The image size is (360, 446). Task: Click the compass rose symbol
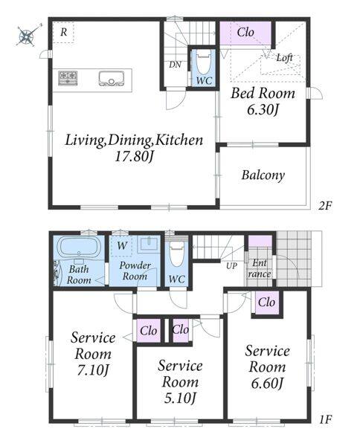pyautogui.click(x=27, y=36)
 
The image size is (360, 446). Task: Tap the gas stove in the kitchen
pyautogui.click(x=68, y=77)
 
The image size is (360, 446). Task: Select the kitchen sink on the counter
pyautogui.click(x=112, y=78)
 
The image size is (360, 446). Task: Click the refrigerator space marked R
pyautogui.click(x=63, y=32)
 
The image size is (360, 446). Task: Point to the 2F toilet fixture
pyautogui.click(x=204, y=65)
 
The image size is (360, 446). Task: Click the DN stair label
pyautogui.click(x=175, y=65)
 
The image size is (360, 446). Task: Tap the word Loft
pyautogui.click(x=284, y=58)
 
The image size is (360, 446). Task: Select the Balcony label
pyautogui.click(x=263, y=175)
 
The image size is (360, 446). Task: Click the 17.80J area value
pyautogui.click(x=134, y=156)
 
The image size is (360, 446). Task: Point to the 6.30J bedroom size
pyautogui.click(x=262, y=110)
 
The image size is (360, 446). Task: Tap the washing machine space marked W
pyautogui.click(x=122, y=245)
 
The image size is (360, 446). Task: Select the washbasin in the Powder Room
pyautogui.click(x=148, y=245)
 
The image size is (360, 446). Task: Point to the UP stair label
pyautogui.click(x=231, y=265)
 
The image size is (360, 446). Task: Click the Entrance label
pyautogui.click(x=260, y=268)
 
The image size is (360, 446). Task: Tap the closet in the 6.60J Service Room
pyautogui.click(x=267, y=303)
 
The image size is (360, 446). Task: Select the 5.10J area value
pyautogui.click(x=180, y=398)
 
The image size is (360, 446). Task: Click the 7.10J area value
pyautogui.click(x=93, y=370)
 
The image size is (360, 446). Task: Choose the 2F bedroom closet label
pyautogui.click(x=245, y=32)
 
